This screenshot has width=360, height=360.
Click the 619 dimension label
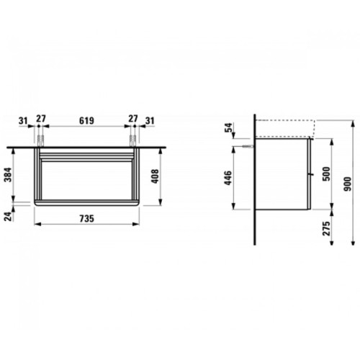pos(86,121)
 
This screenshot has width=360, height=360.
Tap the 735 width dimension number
pos(87,219)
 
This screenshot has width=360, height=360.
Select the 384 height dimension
pos(9,175)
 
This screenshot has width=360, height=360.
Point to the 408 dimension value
pos(155,176)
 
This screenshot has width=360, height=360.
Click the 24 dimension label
pos(9,217)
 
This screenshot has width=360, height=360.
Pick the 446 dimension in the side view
pos(228,178)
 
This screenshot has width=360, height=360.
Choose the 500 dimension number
pos(326,174)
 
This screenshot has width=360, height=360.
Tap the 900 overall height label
pos(347,184)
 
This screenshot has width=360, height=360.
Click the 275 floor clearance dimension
pos(326,228)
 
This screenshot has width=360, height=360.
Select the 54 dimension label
pos(229,127)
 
